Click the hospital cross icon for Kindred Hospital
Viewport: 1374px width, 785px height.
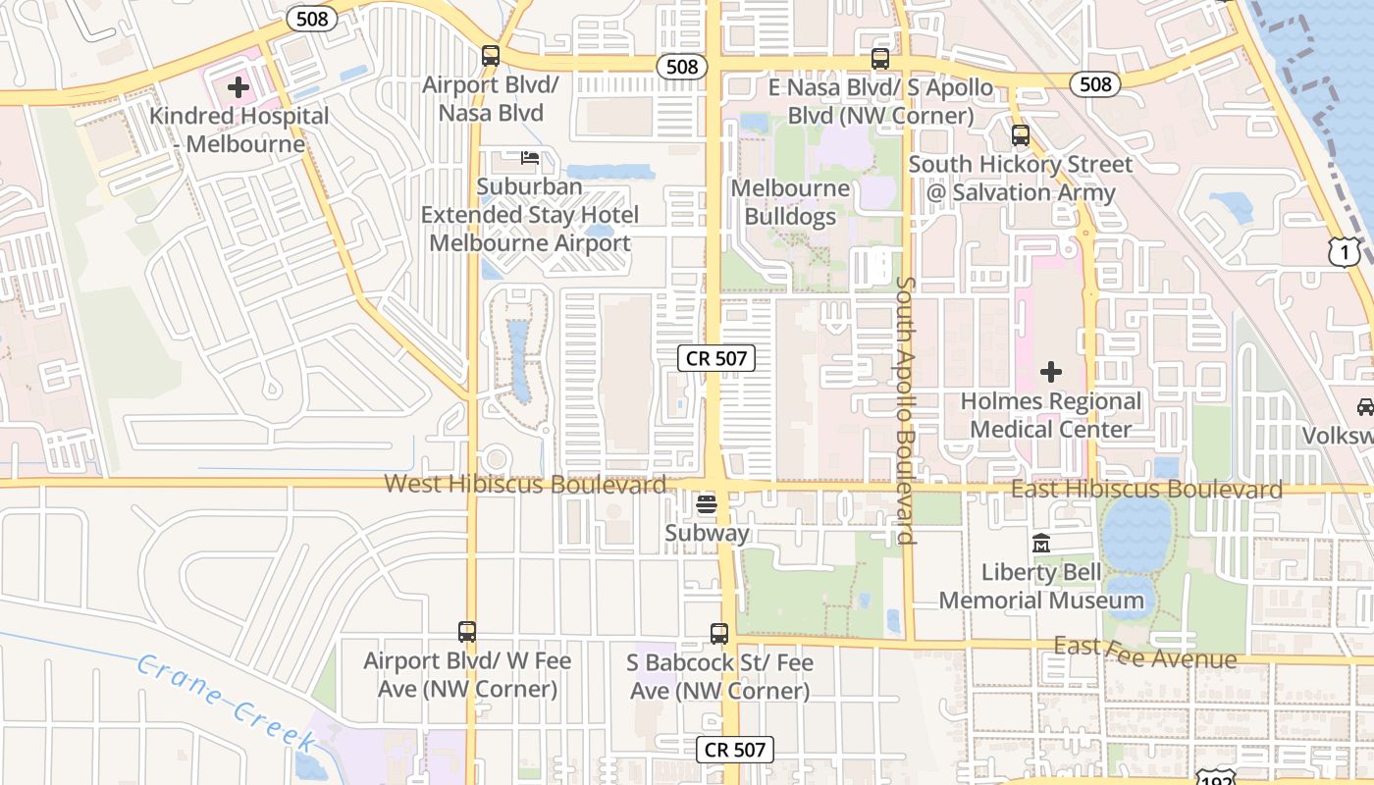tap(238, 88)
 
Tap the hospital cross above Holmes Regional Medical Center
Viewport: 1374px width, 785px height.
tap(1051, 372)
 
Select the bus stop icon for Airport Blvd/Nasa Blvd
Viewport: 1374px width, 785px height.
tap(491, 56)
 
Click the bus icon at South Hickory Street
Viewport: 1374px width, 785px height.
tap(1021, 135)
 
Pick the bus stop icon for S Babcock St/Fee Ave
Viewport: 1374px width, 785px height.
tap(719, 634)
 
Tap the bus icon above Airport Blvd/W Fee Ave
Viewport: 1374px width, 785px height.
tap(467, 632)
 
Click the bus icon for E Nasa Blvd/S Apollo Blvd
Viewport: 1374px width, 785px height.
tap(880, 59)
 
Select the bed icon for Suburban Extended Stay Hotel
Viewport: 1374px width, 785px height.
tap(530, 157)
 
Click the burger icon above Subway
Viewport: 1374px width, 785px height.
tap(706, 504)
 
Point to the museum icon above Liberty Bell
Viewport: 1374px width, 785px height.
tap(1041, 543)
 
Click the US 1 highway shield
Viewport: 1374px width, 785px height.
tap(1343, 252)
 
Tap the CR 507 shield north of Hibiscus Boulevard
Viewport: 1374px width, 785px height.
tap(716, 358)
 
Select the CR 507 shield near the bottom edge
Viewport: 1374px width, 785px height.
tap(735, 751)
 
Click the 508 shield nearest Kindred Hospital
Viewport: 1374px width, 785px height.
tap(312, 19)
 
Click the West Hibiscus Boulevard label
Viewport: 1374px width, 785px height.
tap(524, 484)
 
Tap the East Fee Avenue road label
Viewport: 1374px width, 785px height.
tap(1144, 652)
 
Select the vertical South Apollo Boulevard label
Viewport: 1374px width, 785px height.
tap(905, 410)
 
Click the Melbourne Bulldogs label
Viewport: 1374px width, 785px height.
tap(791, 202)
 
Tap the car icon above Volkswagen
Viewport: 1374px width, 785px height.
tap(1364, 406)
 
